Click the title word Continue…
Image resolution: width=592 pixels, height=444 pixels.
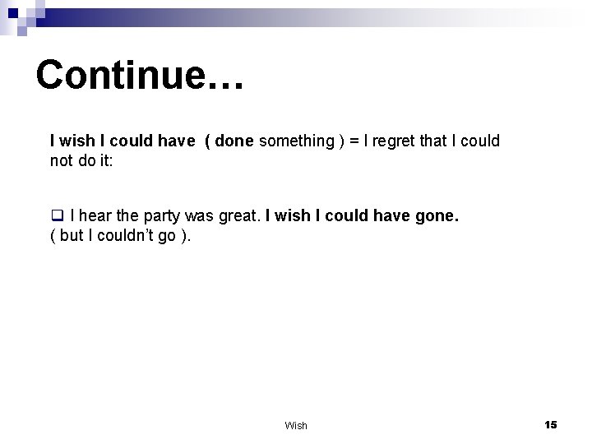point(139,75)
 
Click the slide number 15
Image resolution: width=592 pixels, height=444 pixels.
point(550,424)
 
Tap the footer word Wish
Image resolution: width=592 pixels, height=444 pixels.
point(296,425)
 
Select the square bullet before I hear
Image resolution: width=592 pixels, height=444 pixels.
point(57,217)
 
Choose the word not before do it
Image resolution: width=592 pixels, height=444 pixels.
point(62,161)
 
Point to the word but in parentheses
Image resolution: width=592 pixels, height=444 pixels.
point(73,237)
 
